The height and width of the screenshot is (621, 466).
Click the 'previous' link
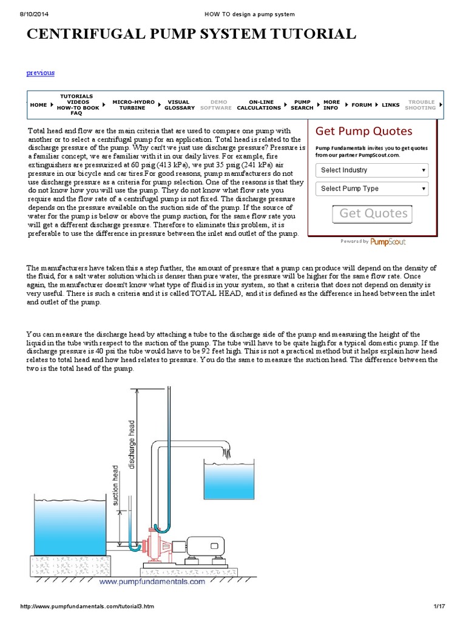[x=40, y=73]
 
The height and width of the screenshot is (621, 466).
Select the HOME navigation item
[x=38, y=105]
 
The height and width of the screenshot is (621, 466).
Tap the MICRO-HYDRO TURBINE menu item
[x=133, y=105]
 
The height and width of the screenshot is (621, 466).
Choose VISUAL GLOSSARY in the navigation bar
[x=180, y=105]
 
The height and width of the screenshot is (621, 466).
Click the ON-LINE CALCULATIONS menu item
[x=258, y=105]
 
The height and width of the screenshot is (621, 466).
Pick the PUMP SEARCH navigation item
[x=302, y=105]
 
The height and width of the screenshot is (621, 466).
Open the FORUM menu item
[x=362, y=105]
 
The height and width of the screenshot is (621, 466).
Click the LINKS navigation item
[x=390, y=105]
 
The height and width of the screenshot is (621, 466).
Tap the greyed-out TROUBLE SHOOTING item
[x=420, y=105]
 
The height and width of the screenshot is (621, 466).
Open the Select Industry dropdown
[x=372, y=170]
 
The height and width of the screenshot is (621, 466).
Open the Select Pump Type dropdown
[x=372, y=189]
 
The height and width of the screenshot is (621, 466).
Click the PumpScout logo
[x=388, y=241]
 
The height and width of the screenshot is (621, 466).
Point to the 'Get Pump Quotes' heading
[x=364, y=132]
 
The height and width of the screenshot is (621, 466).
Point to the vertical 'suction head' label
[x=115, y=486]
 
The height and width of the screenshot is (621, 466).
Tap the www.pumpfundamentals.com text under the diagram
[x=152, y=582]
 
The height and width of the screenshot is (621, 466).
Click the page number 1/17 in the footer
[x=439, y=606]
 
